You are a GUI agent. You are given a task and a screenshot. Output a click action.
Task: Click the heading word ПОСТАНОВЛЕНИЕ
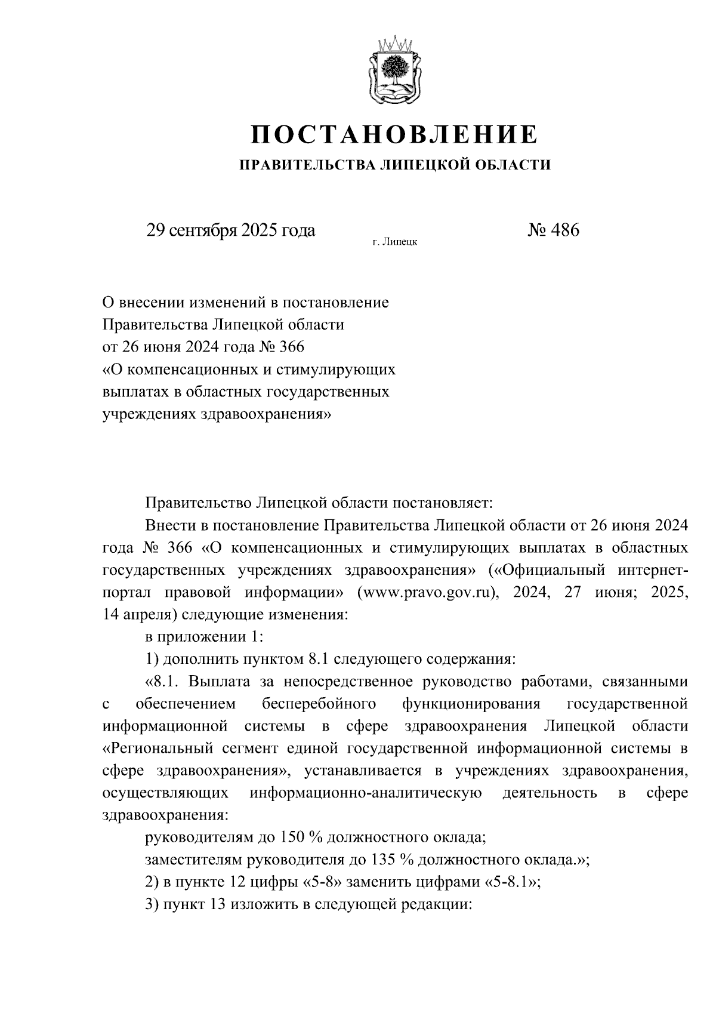click(394, 134)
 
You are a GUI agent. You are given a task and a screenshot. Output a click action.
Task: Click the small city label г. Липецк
click(394, 242)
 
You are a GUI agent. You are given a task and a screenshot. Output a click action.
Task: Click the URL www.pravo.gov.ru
click(428, 593)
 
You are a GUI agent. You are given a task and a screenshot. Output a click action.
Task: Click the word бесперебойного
click(319, 704)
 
